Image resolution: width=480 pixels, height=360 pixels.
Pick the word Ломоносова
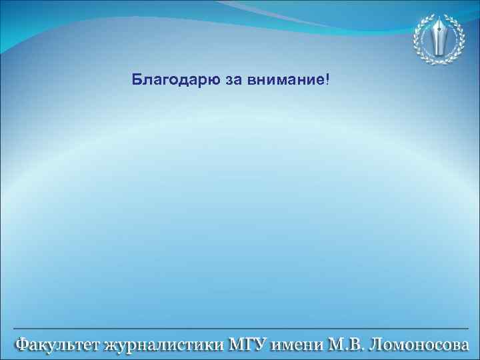(x=419, y=345)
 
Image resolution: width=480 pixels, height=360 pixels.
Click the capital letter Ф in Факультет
(x=22, y=345)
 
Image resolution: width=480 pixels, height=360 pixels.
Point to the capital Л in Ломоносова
(x=375, y=345)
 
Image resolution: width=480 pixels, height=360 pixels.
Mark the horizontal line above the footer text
(x=240, y=329)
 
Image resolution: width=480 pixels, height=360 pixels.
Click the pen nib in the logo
(x=440, y=37)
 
